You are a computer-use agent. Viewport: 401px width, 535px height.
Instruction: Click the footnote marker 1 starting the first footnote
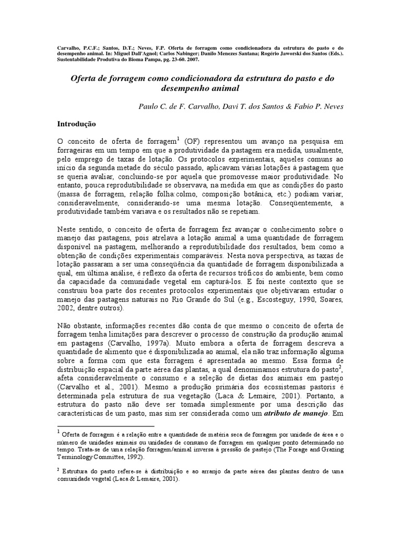[x=58, y=432]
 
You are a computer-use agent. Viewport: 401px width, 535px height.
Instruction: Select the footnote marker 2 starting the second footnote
[x=58, y=470]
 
